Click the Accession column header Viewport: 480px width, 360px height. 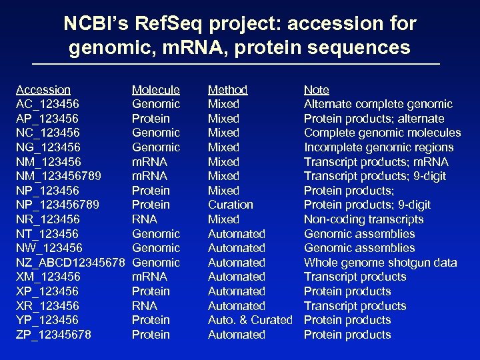pyautogui.click(x=43, y=89)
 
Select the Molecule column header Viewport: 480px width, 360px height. pyautogui.click(x=155, y=89)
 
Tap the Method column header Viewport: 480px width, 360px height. pyautogui.click(x=227, y=89)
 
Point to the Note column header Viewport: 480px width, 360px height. pyautogui.click(x=316, y=89)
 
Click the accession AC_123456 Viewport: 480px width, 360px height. pyautogui.click(x=47, y=104)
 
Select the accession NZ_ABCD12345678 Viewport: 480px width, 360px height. pyautogui.click(x=70, y=263)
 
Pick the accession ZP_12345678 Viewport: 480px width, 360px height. pyautogui.click(x=53, y=335)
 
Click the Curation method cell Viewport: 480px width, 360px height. pyautogui.click(x=230, y=205)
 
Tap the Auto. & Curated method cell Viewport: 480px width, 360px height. pyautogui.click(x=250, y=320)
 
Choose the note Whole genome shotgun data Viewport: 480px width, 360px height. pyautogui.click(x=380, y=263)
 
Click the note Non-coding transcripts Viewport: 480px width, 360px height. pyautogui.click(x=363, y=219)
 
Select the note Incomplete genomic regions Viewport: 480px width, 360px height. pyautogui.click(x=378, y=147)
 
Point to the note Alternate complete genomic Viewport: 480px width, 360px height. pyautogui.click(x=377, y=104)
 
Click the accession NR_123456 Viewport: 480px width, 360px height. pyautogui.click(x=47, y=219)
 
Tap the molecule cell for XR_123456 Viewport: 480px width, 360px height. pyautogui.click(x=144, y=306)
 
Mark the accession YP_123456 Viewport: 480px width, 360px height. pyautogui.click(x=47, y=320)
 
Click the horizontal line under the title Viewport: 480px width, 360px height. pyautogui.click(x=240, y=63)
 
